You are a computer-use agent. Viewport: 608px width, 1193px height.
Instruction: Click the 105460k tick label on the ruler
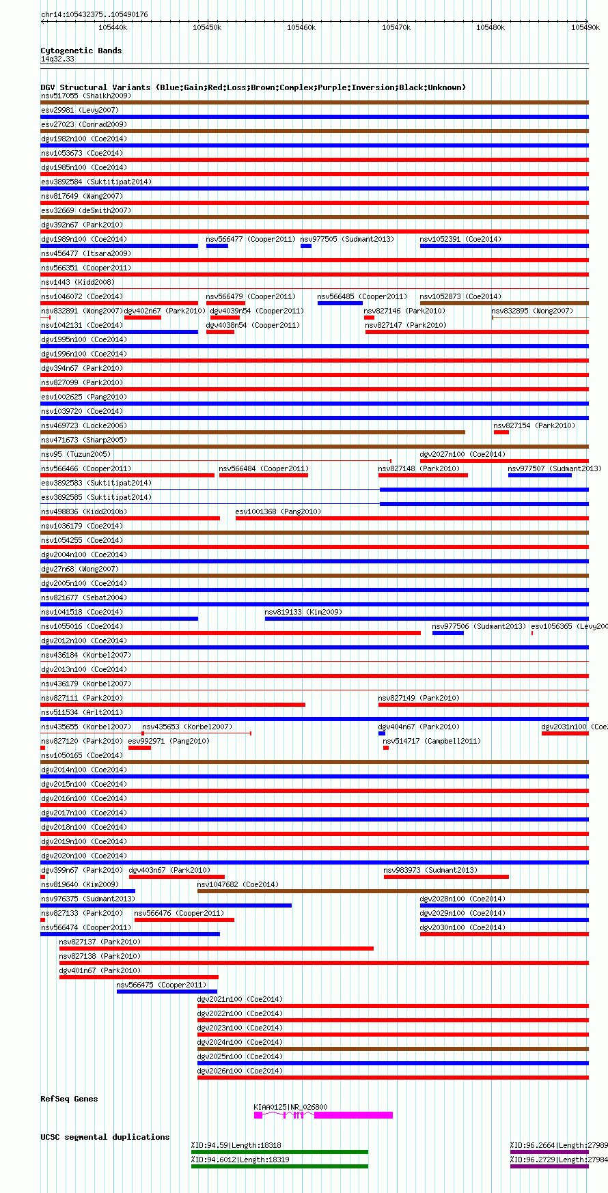pyautogui.click(x=301, y=27)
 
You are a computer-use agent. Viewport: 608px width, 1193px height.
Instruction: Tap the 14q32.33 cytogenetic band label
pyautogui.click(x=57, y=59)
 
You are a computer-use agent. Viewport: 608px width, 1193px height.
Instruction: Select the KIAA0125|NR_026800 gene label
pyautogui.click(x=290, y=1107)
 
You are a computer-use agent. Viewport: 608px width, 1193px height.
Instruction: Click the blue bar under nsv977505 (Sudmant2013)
pyautogui.click(x=306, y=246)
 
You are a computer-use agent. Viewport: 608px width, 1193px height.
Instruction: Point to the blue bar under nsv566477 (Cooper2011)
pyautogui.click(x=217, y=246)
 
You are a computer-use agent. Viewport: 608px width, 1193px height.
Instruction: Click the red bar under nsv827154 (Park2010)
pyautogui.click(x=501, y=432)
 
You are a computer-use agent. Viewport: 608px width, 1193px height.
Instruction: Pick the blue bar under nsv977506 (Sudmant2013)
pyautogui.click(x=448, y=633)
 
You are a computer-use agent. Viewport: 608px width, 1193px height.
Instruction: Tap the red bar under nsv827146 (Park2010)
pyautogui.click(x=369, y=318)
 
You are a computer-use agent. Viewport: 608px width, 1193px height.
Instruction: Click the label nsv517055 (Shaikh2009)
pyautogui.click(x=85, y=96)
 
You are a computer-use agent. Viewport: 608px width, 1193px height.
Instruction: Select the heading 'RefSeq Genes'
pyautogui.click(x=69, y=1099)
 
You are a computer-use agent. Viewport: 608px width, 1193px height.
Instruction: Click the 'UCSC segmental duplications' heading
pyautogui.click(x=105, y=1137)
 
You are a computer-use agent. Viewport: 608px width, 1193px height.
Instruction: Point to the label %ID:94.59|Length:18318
pyautogui.click(x=236, y=1145)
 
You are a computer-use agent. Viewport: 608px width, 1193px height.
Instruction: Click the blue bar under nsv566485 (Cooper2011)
pyautogui.click(x=340, y=303)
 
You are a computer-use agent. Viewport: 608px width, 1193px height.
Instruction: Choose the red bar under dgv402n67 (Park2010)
pyautogui.click(x=143, y=318)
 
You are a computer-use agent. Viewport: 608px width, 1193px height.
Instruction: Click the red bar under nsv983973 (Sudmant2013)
pyautogui.click(x=446, y=877)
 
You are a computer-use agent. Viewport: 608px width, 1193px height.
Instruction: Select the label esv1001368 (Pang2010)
pyautogui.click(x=278, y=511)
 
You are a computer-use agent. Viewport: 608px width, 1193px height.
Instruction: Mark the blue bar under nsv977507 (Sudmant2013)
pyautogui.click(x=540, y=475)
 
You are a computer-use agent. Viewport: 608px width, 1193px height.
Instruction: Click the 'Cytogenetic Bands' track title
pyautogui.click(x=81, y=51)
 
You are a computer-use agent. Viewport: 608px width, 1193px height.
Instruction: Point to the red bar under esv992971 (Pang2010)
pyautogui.click(x=139, y=748)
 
